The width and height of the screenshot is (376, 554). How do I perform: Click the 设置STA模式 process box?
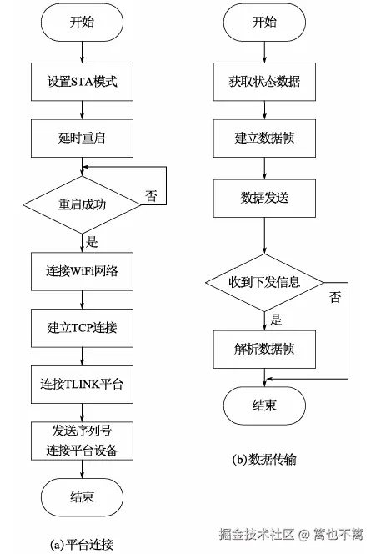(82, 82)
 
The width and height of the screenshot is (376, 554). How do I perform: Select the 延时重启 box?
(82, 138)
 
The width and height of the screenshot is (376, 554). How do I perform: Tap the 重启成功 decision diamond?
(82, 204)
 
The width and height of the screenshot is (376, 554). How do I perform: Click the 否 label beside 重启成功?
(151, 195)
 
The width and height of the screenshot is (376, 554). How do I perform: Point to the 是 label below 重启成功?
(92, 242)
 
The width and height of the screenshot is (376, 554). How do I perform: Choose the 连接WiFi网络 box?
(82, 271)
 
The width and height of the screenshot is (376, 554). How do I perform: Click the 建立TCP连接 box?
(82, 328)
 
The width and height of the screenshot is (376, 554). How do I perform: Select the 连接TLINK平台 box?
(82, 384)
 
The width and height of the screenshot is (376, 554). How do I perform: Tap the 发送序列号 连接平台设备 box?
(82, 441)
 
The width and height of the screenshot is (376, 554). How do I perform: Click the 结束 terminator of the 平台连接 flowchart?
(82, 497)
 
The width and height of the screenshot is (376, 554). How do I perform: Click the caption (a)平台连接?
(82, 544)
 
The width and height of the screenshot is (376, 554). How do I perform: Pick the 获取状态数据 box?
(264, 82)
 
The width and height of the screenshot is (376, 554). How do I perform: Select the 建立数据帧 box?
(264, 138)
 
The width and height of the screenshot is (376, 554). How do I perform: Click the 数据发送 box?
(264, 199)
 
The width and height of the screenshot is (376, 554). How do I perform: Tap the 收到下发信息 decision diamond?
(264, 282)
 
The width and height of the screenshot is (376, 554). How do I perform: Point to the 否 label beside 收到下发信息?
(335, 297)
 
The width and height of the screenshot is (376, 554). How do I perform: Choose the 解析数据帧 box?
(264, 350)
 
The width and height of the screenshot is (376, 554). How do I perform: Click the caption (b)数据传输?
(264, 460)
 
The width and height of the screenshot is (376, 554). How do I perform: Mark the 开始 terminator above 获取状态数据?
(264, 22)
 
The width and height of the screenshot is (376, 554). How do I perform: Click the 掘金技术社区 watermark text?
(257, 534)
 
